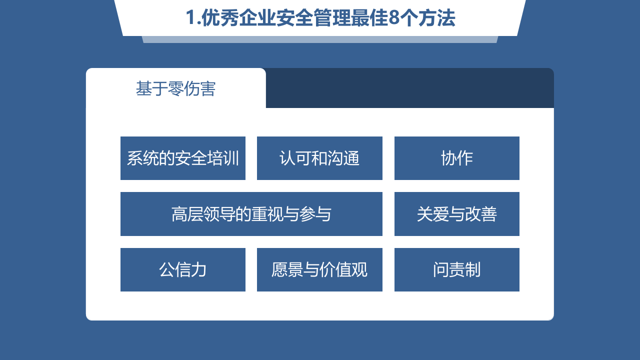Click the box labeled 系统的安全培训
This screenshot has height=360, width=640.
point(183,158)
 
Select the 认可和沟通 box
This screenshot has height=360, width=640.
point(319,158)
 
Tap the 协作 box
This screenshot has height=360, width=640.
point(457,158)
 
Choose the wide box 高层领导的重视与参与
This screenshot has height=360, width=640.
point(251,214)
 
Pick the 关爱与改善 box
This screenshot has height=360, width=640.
point(457,214)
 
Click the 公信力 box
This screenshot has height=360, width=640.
point(183,269)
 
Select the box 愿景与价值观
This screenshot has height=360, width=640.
point(319,269)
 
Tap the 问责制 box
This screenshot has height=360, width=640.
point(457,269)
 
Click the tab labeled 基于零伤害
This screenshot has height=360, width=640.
point(176,88)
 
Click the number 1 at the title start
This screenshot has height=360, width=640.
point(190,18)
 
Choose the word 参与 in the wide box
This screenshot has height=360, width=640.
point(315,214)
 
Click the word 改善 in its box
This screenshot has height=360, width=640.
point(481,214)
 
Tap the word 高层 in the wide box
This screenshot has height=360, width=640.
point(187,214)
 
